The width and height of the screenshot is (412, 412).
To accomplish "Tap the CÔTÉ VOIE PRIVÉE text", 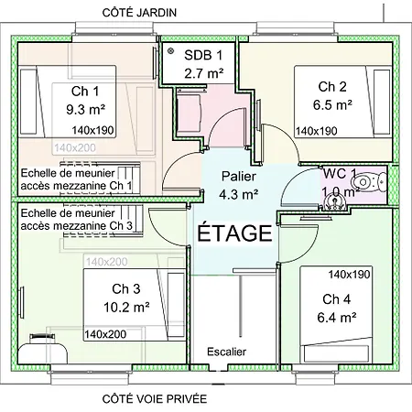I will pos(155,399).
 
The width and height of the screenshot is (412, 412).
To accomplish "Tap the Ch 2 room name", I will pos(331,87).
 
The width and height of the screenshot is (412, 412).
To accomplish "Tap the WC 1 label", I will pos(340,174).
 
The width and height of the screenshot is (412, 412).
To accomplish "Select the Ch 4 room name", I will pos(336,298).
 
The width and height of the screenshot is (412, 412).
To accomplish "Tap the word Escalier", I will pos(226,352).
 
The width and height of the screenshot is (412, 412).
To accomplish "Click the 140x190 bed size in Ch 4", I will pos(348,275).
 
